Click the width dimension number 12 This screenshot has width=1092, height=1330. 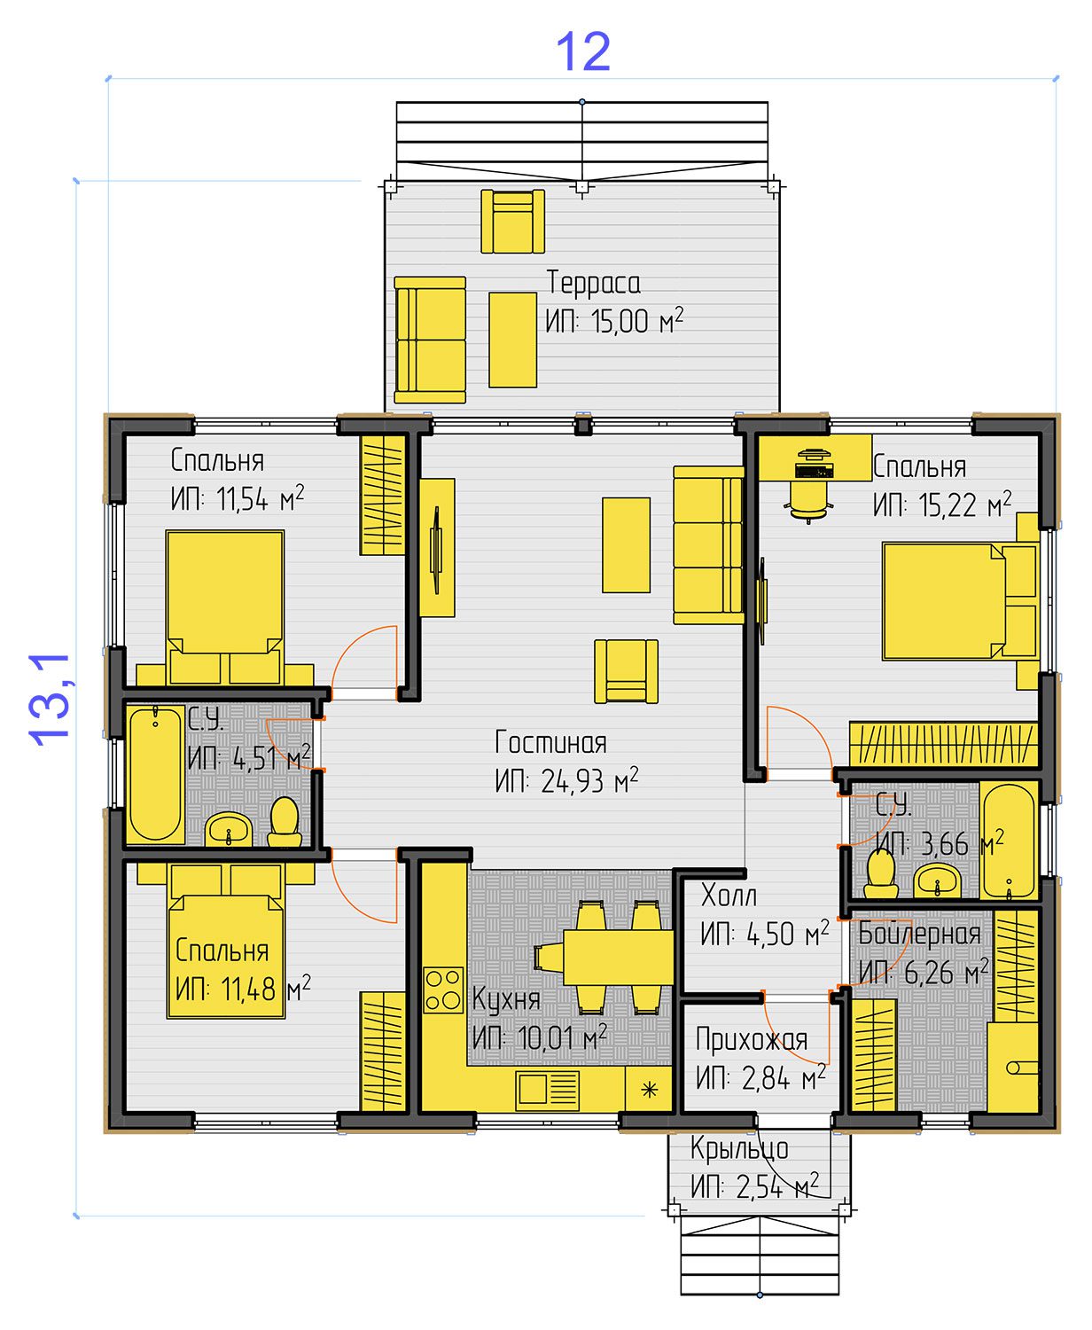click(583, 51)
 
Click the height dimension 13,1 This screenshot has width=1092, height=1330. click(51, 700)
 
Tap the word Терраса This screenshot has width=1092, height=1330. click(593, 283)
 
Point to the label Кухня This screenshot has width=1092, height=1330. click(506, 999)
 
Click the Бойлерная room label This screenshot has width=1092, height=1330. click(920, 935)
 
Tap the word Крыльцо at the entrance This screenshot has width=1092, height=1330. click(739, 1148)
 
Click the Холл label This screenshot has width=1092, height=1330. click(729, 896)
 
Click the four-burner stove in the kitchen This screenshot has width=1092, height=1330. click(443, 990)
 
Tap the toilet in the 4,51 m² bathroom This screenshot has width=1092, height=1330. click(285, 822)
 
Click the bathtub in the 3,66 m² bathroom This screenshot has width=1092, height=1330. click(1008, 841)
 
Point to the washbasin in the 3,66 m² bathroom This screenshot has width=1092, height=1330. click(938, 880)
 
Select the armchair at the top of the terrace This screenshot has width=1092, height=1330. click(512, 222)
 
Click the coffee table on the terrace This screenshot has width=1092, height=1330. click(512, 340)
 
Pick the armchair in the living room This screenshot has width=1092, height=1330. click(626, 671)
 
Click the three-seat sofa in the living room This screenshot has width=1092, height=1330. click(709, 545)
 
